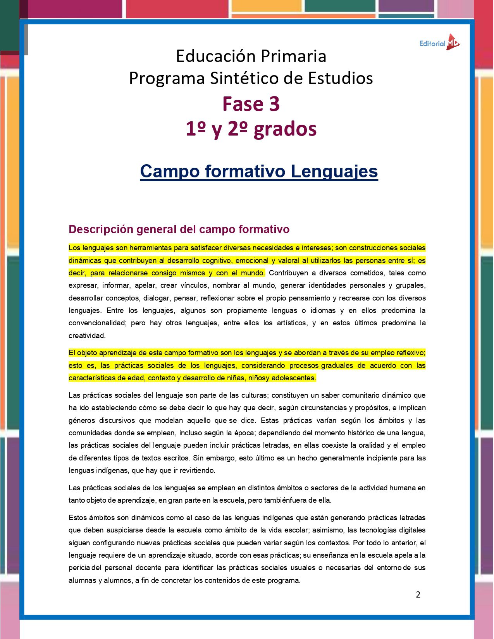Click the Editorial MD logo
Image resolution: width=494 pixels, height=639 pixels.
[x=439, y=43]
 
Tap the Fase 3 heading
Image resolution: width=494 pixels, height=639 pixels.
[x=251, y=104]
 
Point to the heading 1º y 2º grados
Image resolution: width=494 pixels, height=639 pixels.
[x=251, y=129]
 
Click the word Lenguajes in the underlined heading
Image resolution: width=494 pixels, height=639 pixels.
[x=334, y=171]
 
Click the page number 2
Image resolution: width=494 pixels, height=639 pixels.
[x=418, y=594]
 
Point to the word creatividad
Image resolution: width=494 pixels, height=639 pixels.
[x=87, y=336]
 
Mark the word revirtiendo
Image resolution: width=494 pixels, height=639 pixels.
[x=195, y=471]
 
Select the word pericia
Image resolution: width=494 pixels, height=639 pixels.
[x=79, y=568]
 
